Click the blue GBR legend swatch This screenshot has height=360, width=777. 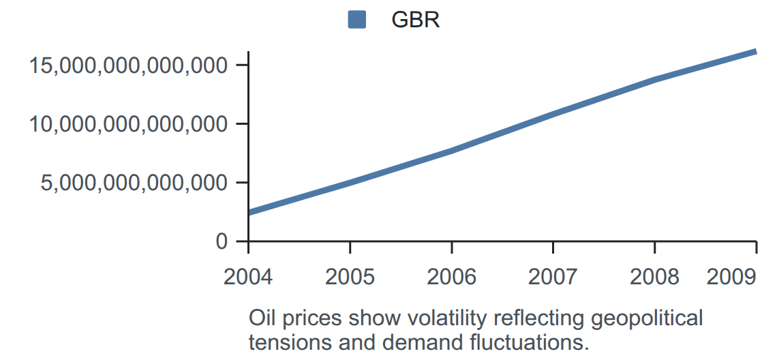tap(356, 20)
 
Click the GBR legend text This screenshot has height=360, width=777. tap(415, 20)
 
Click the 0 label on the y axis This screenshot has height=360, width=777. tap(222, 241)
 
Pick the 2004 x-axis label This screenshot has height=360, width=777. tap(248, 277)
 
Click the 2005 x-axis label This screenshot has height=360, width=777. tap(350, 277)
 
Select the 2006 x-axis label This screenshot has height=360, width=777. tap(451, 277)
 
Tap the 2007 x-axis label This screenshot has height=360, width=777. tap(553, 277)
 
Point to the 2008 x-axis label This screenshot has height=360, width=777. tap(654, 277)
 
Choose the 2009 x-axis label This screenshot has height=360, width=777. tap(731, 277)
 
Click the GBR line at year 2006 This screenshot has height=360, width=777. tap(451, 150)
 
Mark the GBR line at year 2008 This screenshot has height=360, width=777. tap(654, 79)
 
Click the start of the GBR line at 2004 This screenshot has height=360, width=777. tap(249, 213)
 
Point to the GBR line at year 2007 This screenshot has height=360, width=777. tap(553, 114)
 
